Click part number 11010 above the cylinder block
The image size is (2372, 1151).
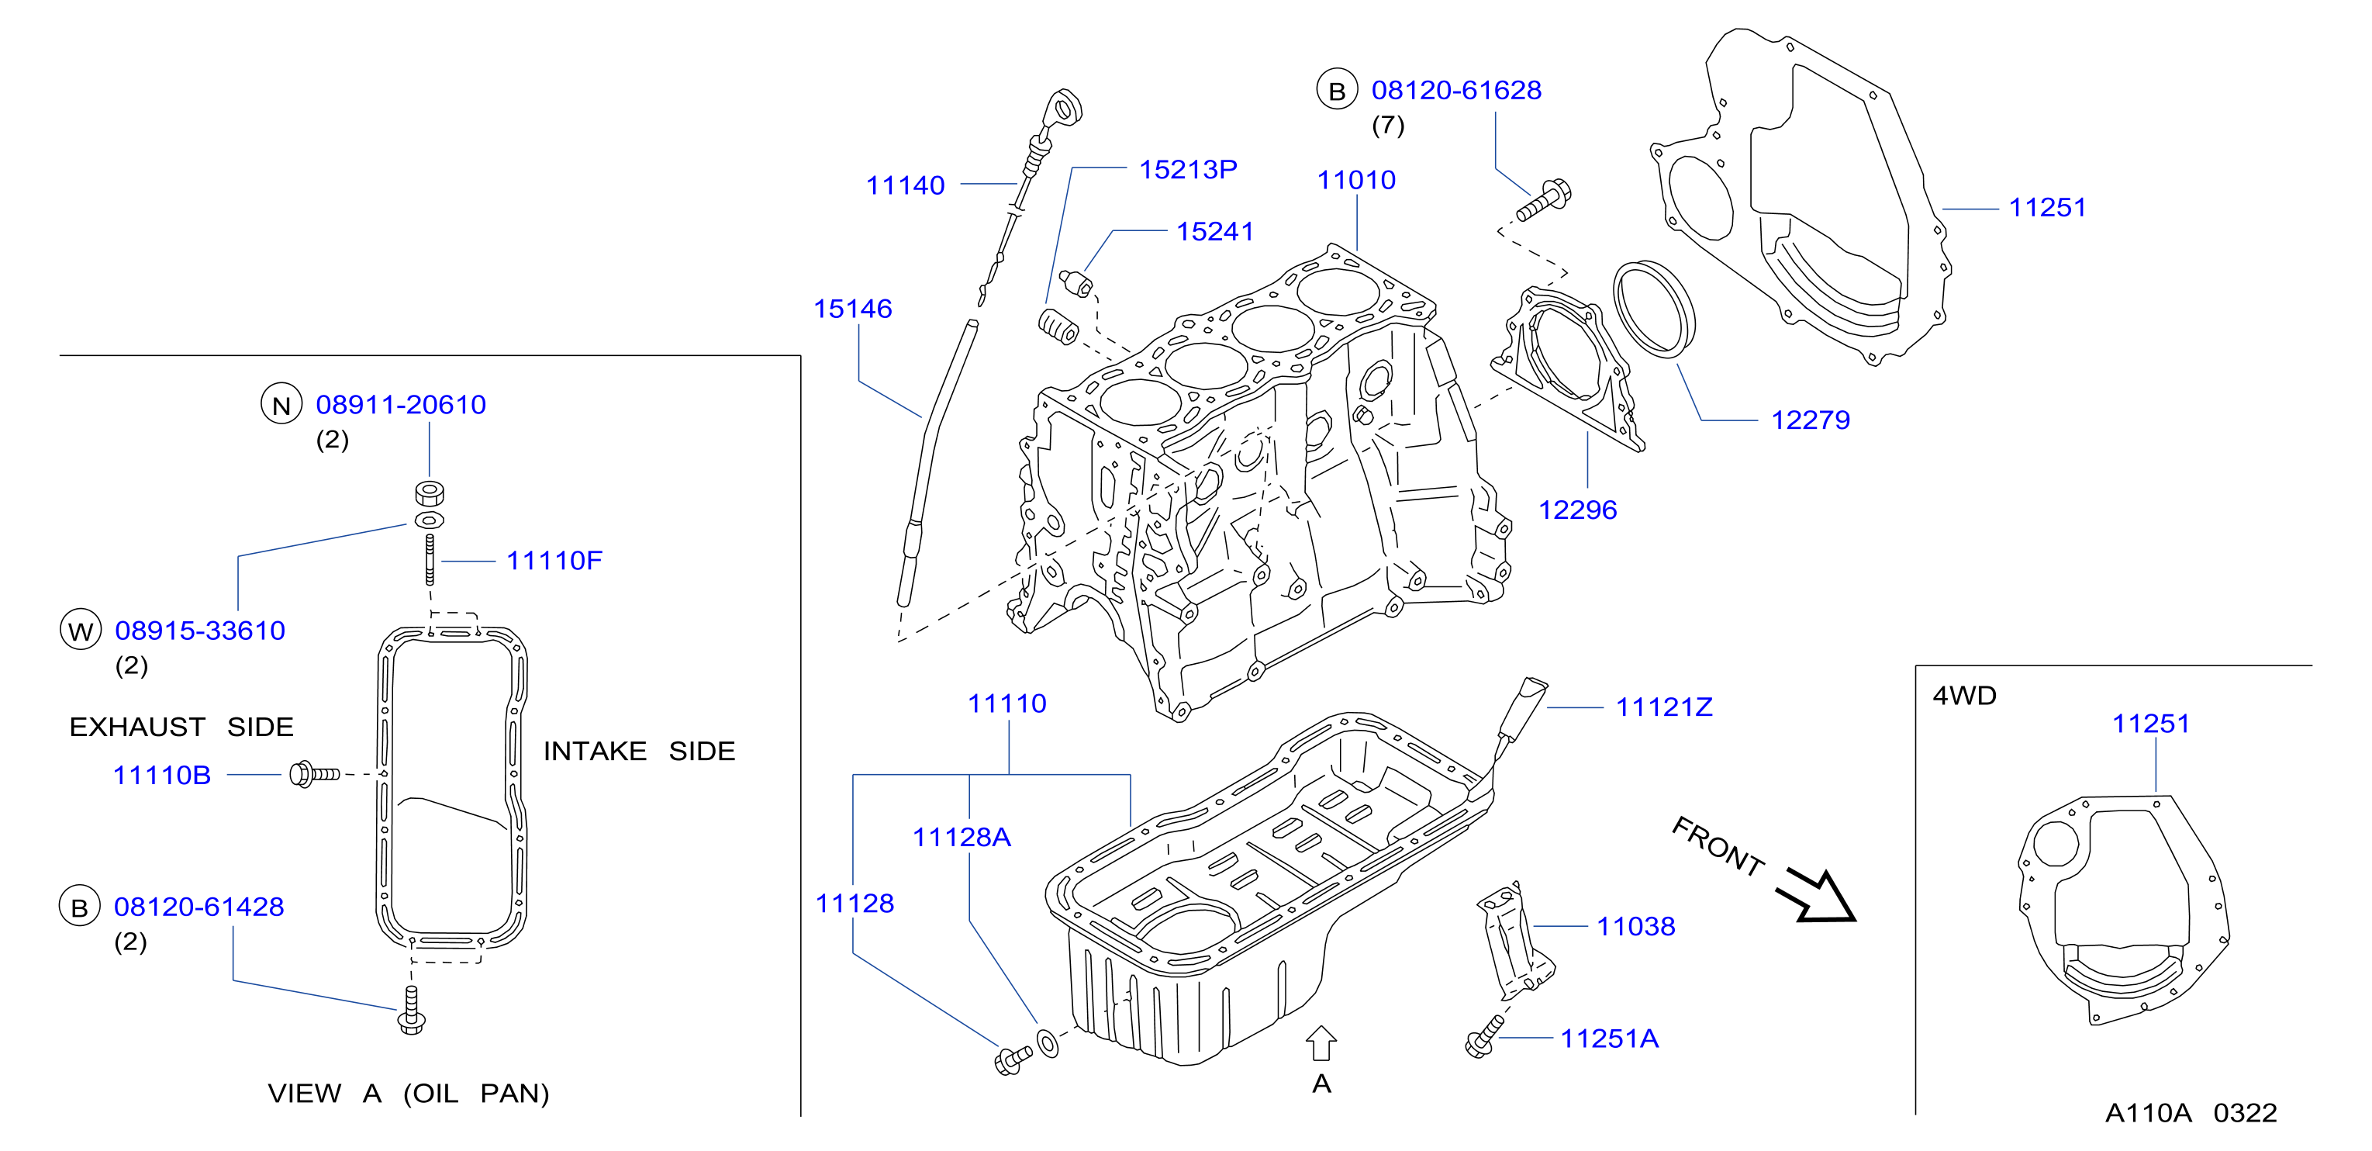pyautogui.click(x=1355, y=180)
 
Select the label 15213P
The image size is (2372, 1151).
pyautogui.click(x=1188, y=169)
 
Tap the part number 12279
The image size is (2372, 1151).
pyautogui.click(x=1811, y=420)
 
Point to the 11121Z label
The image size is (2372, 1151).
pyautogui.click(x=1664, y=707)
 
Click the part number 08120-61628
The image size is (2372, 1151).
pyautogui.click(x=1455, y=90)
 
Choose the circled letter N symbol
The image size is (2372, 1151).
pyautogui.click(x=281, y=404)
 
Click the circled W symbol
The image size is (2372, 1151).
pyautogui.click(x=81, y=631)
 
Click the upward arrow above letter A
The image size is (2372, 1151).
pyautogui.click(x=1321, y=1043)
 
